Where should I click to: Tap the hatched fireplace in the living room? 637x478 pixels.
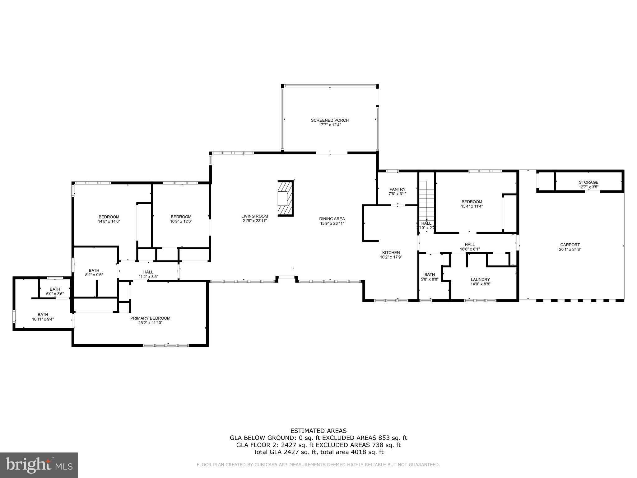tap(286, 199)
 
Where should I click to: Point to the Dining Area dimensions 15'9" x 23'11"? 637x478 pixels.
tap(332, 223)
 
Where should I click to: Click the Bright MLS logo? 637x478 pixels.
tap(39, 465)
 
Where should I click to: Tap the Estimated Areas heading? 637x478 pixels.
tap(318, 431)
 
